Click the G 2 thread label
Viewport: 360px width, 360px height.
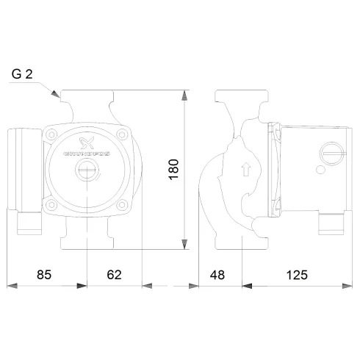click(22, 74)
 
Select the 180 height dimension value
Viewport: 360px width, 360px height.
click(173, 167)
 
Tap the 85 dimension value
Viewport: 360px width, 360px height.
click(45, 275)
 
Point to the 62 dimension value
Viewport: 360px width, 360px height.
click(113, 275)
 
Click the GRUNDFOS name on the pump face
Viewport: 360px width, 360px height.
click(87, 155)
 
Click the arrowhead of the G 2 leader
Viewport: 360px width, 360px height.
click(57, 95)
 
